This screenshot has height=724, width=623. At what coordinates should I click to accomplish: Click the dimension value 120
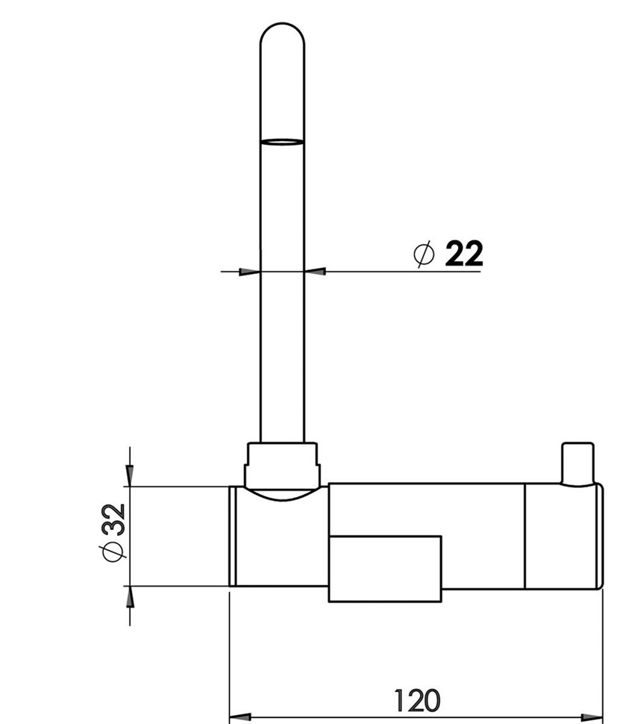point(417,700)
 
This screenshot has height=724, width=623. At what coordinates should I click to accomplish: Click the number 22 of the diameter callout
point(464,253)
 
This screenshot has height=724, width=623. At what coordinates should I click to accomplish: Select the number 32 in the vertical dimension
point(113,519)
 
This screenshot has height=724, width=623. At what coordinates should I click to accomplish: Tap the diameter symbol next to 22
point(424,254)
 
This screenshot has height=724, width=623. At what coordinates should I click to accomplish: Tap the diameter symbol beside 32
point(113,552)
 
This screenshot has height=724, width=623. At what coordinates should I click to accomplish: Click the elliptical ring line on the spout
point(282,142)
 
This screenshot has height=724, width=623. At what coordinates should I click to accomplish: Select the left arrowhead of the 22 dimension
point(249,272)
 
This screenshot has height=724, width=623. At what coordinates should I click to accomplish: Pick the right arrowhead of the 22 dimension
point(315,272)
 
